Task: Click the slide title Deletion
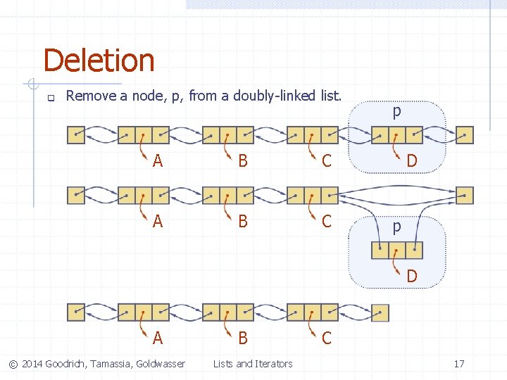click(x=99, y=61)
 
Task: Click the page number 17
click(x=458, y=364)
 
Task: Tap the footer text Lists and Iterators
click(x=253, y=364)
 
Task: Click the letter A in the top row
click(x=158, y=161)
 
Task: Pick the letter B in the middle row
click(x=243, y=221)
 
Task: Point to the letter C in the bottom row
click(x=327, y=338)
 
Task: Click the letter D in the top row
click(x=412, y=161)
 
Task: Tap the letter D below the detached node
click(x=412, y=276)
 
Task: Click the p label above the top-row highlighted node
click(x=397, y=111)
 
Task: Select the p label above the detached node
click(x=397, y=227)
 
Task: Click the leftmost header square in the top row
click(x=75, y=134)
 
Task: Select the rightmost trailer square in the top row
click(x=465, y=134)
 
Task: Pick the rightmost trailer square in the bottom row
click(x=380, y=312)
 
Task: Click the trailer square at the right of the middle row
click(x=465, y=195)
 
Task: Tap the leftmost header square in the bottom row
click(x=75, y=312)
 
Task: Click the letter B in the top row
click(x=243, y=161)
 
